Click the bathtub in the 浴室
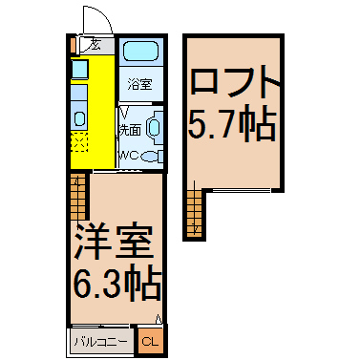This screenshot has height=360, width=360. click(140, 51)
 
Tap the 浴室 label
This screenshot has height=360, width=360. click(139, 84)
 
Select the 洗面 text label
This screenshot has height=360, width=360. click(130, 130)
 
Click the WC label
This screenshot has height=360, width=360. click(129, 156)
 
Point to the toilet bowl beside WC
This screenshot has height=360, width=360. click(152, 156)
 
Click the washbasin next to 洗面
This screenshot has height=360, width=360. click(155, 127)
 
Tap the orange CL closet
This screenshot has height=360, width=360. click(150, 342)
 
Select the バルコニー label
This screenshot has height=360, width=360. click(100, 342)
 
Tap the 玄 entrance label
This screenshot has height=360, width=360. click(95, 45)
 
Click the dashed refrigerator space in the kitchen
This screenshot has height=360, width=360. click(79, 142)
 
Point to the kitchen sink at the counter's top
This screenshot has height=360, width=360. click(79, 70)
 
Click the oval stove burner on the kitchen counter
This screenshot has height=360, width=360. click(79, 118)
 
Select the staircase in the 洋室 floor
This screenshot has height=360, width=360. click(78, 197)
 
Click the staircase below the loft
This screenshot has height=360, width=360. click(194, 213)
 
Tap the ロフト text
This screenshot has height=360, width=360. click(235, 81)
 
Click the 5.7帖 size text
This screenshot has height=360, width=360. click(231, 124)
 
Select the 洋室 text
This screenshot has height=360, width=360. click(113, 242)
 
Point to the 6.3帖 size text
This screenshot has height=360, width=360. click(116, 285)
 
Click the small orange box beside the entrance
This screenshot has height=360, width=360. click(74, 45)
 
